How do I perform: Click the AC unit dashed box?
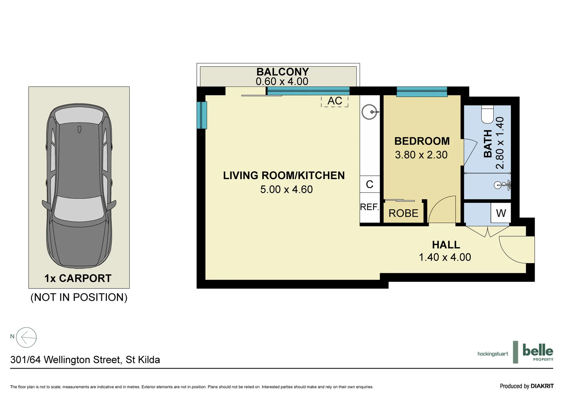click(x=335, y=101)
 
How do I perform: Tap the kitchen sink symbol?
click(x=369, y=111)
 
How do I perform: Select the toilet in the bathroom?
click(x=487, y=115)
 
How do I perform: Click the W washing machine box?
click(x=501, y=213)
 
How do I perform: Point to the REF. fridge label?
click(x=370, y=207)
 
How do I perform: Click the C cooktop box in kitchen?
click(x=370, y=184)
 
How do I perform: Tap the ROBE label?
click(x=403, y=213)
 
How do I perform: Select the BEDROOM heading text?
click(x=422, y=141)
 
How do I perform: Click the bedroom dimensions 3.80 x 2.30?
click(x=421, y=155)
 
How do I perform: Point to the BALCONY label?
click(x=283, y=71)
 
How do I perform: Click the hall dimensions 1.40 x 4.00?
click(x=445, y=257)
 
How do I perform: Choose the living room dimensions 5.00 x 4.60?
click(x=286, y=189)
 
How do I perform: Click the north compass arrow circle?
click(x=27, y=337)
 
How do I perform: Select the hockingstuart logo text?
click(x=493, y=354)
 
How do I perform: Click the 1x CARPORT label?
click(x=78, y=278)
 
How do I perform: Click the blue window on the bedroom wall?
click(x=422, y=91)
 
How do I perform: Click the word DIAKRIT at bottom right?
click(x=542, y=386)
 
